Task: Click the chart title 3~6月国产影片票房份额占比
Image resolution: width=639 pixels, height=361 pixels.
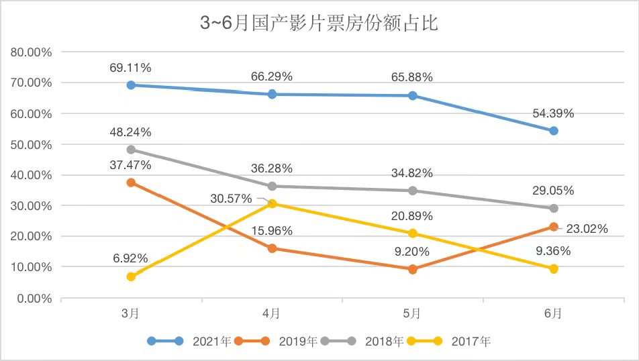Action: tap(319, 25)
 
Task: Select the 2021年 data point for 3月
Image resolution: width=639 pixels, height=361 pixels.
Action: tap(131, 85)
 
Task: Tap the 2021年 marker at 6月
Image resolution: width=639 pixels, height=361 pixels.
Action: tap(554, 131)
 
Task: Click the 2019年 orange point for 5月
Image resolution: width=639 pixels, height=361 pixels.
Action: tap(413, 269)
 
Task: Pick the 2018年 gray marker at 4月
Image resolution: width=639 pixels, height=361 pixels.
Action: tap(272, 186)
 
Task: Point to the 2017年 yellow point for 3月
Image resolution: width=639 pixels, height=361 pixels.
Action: tap(131, 276)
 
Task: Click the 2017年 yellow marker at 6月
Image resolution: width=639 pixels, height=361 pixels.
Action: tap(554, 268)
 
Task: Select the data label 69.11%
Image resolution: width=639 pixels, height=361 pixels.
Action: tap(131, 68)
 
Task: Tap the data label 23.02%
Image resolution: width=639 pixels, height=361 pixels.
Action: tap(586, 229)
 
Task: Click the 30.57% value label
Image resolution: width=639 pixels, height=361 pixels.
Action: tap(232, 199)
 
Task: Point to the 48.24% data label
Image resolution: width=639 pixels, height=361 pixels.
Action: tap(131, 132)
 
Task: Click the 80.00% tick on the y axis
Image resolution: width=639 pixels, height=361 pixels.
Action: tap(32, 52)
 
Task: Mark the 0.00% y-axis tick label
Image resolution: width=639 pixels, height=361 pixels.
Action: tap(35, 298)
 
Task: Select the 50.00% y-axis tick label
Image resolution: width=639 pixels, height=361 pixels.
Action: tap(32, 144)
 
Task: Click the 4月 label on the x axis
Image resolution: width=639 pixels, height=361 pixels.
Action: tap(272, 313)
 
